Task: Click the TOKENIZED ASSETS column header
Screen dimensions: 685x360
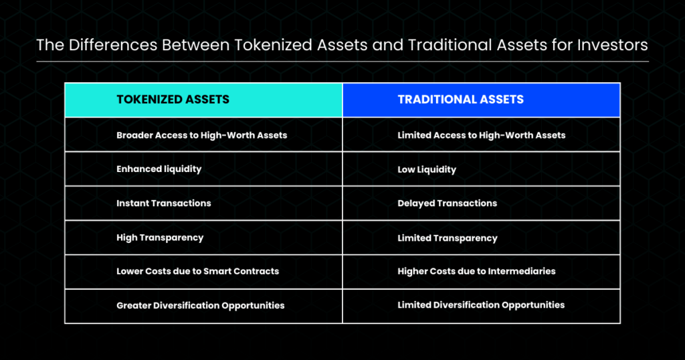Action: [203, 100]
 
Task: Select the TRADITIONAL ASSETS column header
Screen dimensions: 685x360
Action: [482, 100]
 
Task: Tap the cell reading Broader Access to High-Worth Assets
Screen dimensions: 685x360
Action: [203, 134]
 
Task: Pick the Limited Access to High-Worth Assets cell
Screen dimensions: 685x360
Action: [482, 134]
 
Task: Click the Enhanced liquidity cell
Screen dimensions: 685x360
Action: [203, 169]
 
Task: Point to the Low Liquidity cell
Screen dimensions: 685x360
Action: [482, 169]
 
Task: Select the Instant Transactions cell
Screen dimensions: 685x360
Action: [203, 203]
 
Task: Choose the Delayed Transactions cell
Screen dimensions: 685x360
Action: [482, 203]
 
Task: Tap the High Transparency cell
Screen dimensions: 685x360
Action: [203, 238]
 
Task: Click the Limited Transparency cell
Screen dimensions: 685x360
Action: [482, 238]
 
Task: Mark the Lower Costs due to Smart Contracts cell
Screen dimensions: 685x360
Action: [203, 272]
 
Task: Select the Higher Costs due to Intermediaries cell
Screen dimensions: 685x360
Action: [482, 272]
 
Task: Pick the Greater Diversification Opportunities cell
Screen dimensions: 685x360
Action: [203, 306]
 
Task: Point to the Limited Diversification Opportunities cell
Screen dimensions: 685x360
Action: [482, 306]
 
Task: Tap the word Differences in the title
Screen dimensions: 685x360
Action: [112, 45]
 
